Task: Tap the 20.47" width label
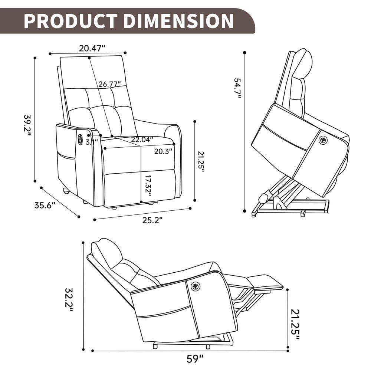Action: pyautogui.click(x=92, y=48)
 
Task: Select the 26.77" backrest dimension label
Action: pyautogui.click(x=109, y=84)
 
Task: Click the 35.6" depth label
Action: pyautogui.click(x=45, y=205)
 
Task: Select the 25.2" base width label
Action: pyautogui.click(x=152, y=220)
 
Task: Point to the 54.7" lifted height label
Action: pyautogui.click(x=237, y=88)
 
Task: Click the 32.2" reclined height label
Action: pyautogui.click(x=69, y=299)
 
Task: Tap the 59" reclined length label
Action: pyautogui.click(x=195, y=359)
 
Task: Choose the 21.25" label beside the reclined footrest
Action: pyautogui.click(x=295, y=322)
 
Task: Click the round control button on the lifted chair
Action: pyautogui.click(x=323, y=140)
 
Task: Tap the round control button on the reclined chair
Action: pyautogui.click(x=195, y=286)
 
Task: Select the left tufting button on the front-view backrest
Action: pyautogui.click(x=89, y=108)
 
